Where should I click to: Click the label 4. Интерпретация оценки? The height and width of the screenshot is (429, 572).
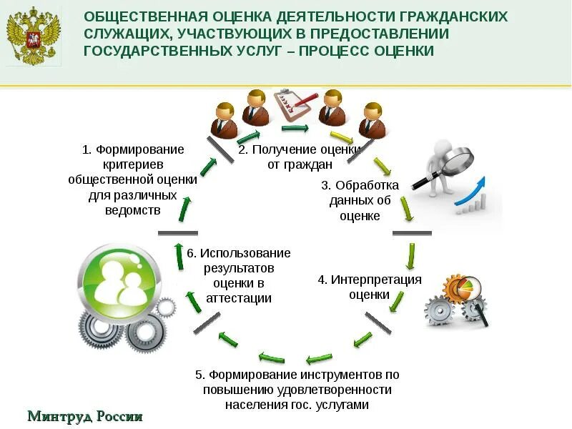tap(370, 287)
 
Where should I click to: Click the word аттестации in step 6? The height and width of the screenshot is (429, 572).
tap(239, 299)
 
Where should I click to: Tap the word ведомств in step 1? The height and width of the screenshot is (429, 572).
tap(133, 210)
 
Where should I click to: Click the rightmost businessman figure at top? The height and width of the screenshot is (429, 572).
tap(373, 119)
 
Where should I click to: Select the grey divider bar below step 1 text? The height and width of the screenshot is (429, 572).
tap(177, 233)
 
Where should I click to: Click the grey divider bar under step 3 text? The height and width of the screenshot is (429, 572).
tap(412, 233)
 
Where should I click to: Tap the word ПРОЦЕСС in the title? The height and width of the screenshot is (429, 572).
tap(337, 51)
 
